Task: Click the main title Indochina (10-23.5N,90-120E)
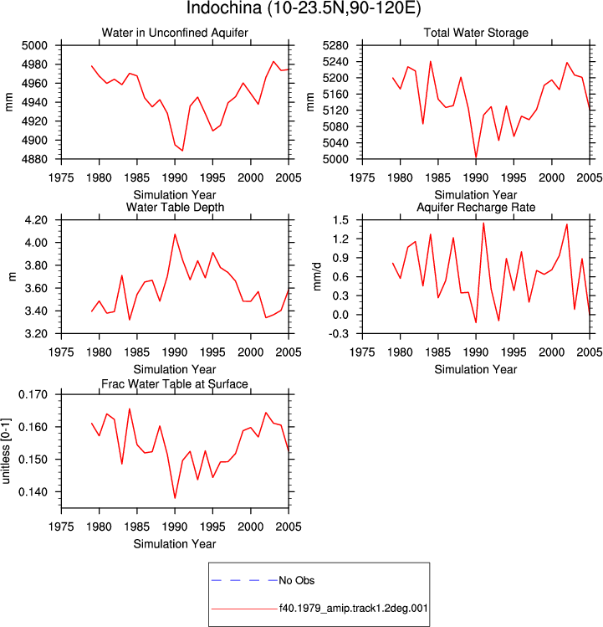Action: click(304, 8)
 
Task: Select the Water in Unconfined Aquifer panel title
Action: click(175, 33)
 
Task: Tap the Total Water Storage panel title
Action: click(476, 33)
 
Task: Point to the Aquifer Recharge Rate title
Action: click(476, 207)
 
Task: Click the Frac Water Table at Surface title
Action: click(175, 384)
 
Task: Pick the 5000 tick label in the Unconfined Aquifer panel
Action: click(34, 45)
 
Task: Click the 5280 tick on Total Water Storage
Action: click(335, 45)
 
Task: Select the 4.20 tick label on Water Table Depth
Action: click(36, 220)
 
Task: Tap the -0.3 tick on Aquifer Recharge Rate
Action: click(338, 333)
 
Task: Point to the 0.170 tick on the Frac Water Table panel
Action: click(33, 394)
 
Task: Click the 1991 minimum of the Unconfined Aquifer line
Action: click(182, 151)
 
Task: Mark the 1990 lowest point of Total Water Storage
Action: click(476, 158)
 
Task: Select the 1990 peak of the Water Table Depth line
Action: click(175, 234)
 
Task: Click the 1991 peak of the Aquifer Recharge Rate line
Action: click(483, 224)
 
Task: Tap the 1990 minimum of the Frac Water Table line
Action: click(175, 498)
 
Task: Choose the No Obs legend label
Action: click(297, 580)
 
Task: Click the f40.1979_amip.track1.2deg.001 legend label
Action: click(353, 609)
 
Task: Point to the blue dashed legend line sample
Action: click(244, 580)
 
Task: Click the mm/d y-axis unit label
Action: click(316, 277)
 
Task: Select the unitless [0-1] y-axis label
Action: click(6, 451)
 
